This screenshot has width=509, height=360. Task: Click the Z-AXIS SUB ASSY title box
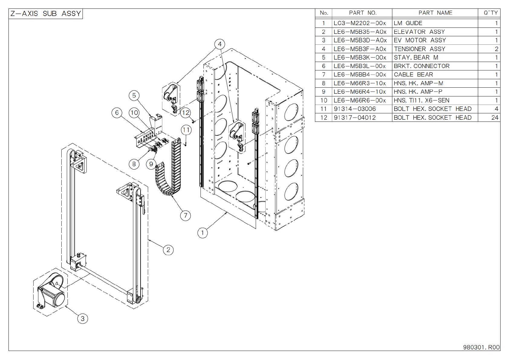[46, 14]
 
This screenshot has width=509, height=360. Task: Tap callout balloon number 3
[83, 319]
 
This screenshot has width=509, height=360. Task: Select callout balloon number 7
[185, 215]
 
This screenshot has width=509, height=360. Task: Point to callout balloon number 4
[220, 44]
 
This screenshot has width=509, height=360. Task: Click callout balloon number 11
[186, 130]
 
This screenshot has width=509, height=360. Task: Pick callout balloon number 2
[168, 250]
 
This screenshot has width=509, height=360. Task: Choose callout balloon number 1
[203, 233]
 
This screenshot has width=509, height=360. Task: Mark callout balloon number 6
[117, 113]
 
